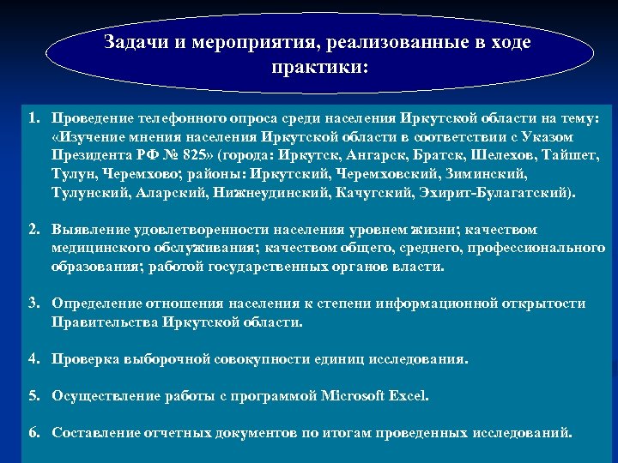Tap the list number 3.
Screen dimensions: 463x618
(32, 304)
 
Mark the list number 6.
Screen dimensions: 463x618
(32, 433)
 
